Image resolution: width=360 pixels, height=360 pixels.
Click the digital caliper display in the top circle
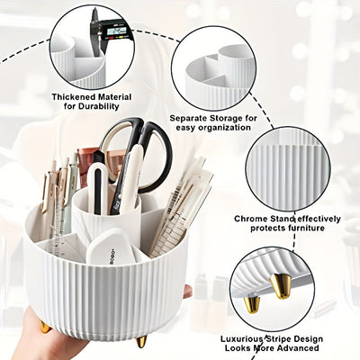click(x=115, y=30)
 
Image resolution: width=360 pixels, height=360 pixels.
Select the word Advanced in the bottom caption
click(x=299, y=347)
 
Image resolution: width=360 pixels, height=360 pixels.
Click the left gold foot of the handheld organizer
click(x=45, y=327)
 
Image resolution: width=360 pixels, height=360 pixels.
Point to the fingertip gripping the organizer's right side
click(x=187, y=291)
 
